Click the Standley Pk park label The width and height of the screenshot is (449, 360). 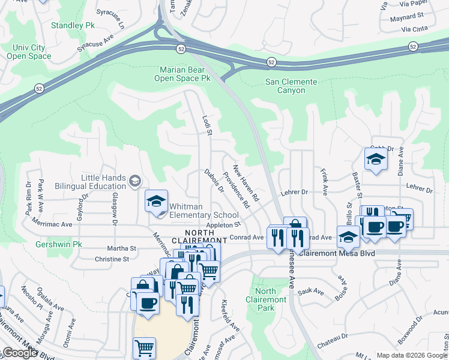click(x=73, y=26)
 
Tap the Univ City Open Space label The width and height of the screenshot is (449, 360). click(x=29, y=52)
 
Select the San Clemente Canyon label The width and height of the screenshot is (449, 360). click(x=285, y=86)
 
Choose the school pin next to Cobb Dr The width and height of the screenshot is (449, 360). click(x=375, y=159)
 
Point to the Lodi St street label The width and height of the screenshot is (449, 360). click(x=208, y=125)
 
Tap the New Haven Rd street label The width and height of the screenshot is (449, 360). click(x=246, y=183)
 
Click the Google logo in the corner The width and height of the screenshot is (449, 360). click(x=20, y=353)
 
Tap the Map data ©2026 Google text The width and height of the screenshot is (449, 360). click(x=412, y=355)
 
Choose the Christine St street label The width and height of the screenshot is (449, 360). click(x=112, y=259)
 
